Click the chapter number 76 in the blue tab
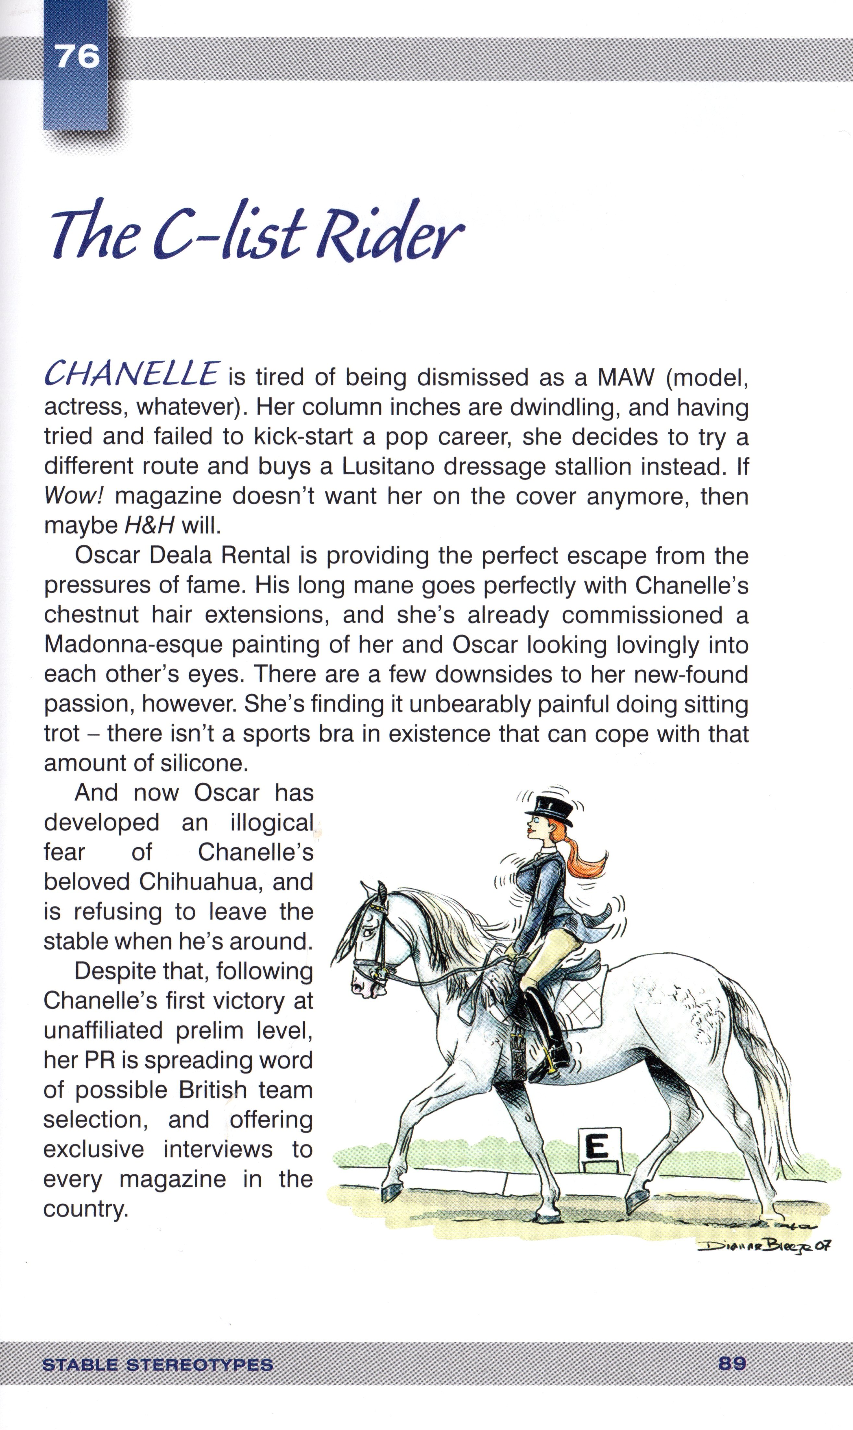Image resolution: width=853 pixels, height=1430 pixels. point(77,57)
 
